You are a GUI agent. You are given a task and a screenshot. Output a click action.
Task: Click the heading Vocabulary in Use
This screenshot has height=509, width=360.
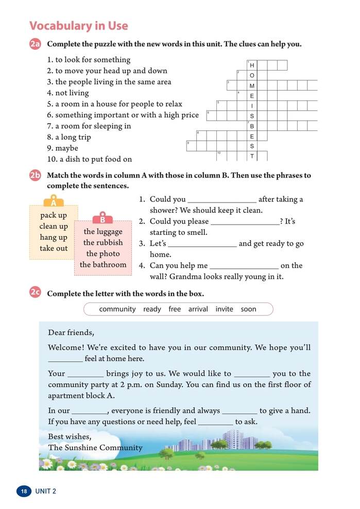click(x=79, y=26)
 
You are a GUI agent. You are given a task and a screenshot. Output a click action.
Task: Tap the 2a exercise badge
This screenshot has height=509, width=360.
click(x=35, y=44)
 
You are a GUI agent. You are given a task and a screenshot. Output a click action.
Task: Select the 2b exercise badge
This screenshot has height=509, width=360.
click(x=35, y=176)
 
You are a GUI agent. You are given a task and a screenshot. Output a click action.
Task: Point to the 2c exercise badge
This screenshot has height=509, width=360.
click(x=35, y=293)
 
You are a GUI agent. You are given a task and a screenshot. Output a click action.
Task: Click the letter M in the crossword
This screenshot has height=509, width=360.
click(x=252, y=86)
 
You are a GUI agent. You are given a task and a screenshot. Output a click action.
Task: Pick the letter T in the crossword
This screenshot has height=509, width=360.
click(x=252, y=156)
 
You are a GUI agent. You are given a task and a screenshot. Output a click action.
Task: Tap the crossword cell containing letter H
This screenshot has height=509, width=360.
click(x=252, y=65)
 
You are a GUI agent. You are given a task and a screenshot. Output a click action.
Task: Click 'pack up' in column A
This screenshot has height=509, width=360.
click(x=54, y=215)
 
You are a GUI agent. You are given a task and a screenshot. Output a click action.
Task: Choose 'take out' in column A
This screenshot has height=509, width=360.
click(x=54, y=248)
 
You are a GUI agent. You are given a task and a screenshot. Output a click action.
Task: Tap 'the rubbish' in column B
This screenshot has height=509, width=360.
click(x=103, y=243)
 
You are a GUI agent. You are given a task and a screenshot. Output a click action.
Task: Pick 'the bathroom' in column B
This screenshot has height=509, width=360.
click(x=103, y=265)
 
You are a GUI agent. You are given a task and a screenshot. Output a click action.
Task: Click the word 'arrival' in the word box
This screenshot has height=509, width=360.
click(x=198, y=309)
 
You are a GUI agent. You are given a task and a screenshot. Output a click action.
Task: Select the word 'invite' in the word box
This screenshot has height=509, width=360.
click(x=224, y=309)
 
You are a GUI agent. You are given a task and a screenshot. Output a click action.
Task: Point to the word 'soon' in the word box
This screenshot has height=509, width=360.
click(x=248, y=309)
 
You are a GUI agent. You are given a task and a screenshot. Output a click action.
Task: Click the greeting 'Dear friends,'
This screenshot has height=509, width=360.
click(x=71, y=332)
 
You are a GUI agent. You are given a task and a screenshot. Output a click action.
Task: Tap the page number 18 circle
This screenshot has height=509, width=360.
click(x=24, y=491)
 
